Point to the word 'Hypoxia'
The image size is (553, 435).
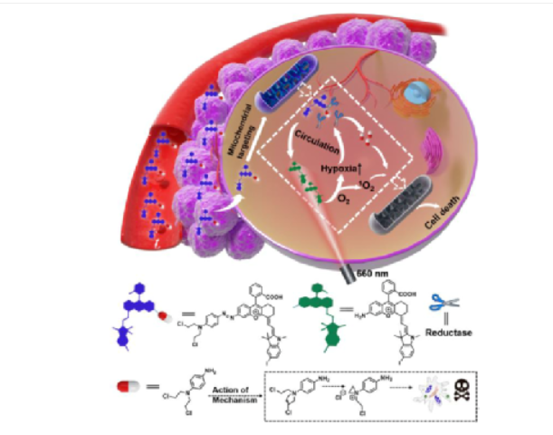[335, 169]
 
